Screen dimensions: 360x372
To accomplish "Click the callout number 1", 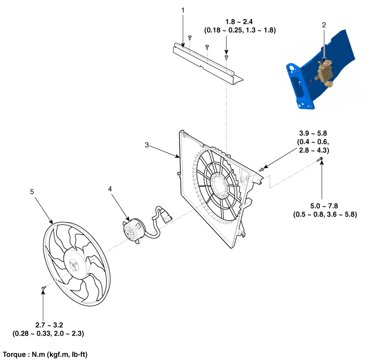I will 183,10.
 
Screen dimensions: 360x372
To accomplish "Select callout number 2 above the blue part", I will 324,25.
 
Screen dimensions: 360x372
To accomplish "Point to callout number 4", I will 110,188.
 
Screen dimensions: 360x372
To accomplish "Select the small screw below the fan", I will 44,288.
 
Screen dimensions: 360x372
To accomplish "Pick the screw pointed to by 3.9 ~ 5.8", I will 261,169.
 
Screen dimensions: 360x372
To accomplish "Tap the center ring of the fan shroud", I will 222,187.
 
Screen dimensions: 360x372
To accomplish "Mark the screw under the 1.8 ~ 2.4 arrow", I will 227,55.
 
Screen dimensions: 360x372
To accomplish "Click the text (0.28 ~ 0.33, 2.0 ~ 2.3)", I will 48,333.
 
